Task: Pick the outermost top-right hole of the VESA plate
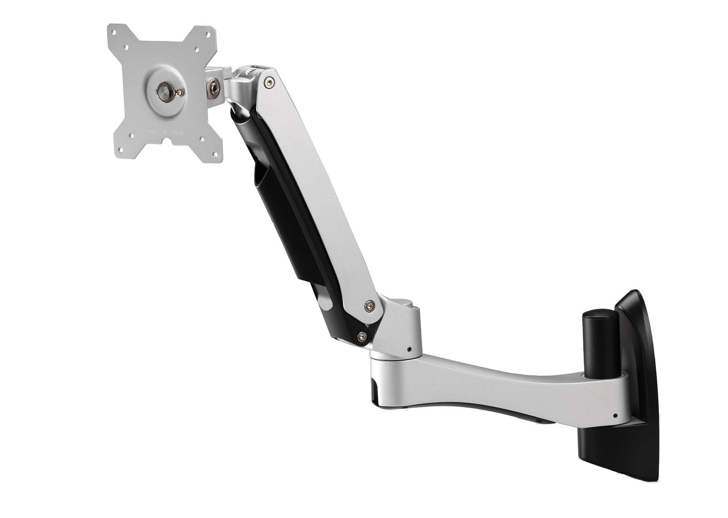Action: click(x=208, y=35)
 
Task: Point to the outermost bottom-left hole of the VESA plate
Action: click(x=121, y=150)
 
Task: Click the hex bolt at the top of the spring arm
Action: click(x=269, y=81)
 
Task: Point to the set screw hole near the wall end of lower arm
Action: click(x=615, y=415)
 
